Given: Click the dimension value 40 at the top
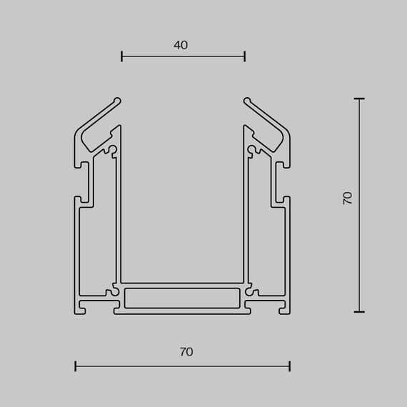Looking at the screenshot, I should (x=181, y=45).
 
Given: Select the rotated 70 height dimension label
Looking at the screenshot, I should (x=348, y=199).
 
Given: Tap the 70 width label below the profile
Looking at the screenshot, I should (x=186, y=351).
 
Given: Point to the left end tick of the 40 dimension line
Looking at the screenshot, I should (x=122, y=56).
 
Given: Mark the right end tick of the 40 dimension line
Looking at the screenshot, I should (x=245, y=56).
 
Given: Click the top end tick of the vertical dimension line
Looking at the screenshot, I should (x=358, y=99).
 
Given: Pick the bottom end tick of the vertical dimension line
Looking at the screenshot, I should (x=358, y=311).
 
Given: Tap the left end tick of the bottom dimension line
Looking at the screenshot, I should (x=76, y=367).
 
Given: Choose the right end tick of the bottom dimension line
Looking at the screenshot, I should (x=290, y=367).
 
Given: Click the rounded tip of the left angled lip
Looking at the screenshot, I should (x=119, y=101).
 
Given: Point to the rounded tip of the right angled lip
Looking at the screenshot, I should (x=247, y=101).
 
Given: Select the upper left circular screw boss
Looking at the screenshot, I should (x=113, y=150).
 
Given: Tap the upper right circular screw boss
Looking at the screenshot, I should (x=253, y=150).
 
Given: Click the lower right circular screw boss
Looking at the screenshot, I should (x=251, y=291).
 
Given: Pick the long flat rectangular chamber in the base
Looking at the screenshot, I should (x=183, y=296).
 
